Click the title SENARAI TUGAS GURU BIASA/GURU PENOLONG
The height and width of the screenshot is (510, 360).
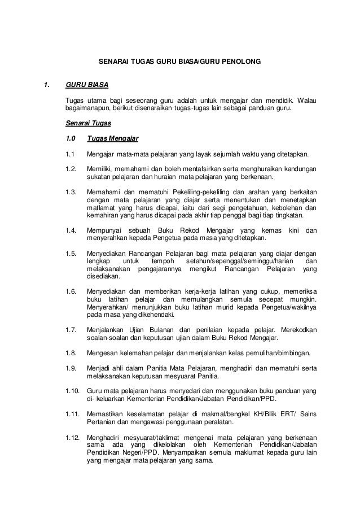(x=179, y=58)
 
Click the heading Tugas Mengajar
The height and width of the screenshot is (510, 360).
(x=113, y=138)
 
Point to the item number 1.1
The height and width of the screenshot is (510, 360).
(x=70, y=154)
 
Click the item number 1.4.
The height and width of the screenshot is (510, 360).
(x=71, y=230)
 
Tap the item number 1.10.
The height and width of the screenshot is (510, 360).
(x=73, y=391)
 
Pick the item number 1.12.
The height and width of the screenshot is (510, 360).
(x=73, y=437)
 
